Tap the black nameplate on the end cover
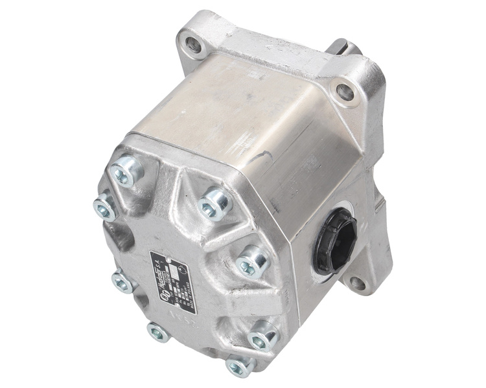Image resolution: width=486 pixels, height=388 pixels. [x=170, y=274]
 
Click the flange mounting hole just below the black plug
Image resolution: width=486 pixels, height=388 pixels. [x=357, y=282]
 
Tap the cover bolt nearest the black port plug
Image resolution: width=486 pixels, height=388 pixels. [x=251, y=263]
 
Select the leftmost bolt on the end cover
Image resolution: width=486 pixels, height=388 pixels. [x=106, y=207]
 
